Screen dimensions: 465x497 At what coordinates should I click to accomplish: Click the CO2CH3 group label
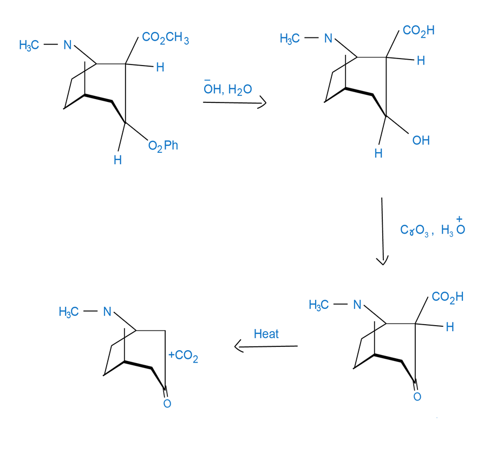click(165, 38)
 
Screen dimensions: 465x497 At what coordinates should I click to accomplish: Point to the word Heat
click(266, 334)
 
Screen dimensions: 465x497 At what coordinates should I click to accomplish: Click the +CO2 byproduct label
click(183, 357)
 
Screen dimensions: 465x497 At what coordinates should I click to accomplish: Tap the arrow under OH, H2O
click(234, 102)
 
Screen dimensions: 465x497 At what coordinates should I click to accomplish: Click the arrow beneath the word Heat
click(266, 346)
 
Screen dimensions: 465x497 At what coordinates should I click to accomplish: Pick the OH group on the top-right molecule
click(421, 140)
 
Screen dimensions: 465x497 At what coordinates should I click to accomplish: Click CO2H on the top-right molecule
click(418, 31)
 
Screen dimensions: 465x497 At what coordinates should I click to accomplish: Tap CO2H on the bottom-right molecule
click(447, 297)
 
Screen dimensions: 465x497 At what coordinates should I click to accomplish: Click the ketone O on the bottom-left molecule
click(167, 403)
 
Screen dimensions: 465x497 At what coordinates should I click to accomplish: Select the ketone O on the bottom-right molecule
click(417, 397)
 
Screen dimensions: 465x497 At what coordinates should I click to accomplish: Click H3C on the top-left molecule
click(29, 46)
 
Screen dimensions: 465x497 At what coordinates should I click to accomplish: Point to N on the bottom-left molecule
click(107, 312)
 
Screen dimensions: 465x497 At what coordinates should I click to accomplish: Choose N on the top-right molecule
click(328, 38)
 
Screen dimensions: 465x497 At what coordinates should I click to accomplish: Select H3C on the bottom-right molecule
click(318, 305)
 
